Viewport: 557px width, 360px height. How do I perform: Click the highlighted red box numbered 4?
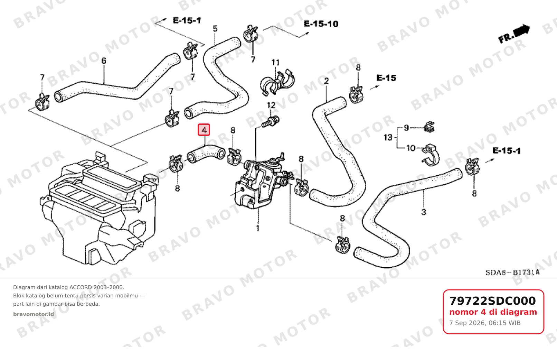(x=204, y=130)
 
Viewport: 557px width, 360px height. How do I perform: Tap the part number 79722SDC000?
(x=492, y=301)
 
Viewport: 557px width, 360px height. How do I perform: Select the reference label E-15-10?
(x=321, y=24)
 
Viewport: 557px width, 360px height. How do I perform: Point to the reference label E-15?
(x=386, y=78)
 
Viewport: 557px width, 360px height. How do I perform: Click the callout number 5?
(x=215, y=29)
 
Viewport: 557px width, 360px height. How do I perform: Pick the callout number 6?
(x=104, y=61)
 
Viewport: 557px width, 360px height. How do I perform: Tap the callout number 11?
(x=275, y=62)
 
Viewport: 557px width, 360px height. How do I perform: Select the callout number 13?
(x=388, y=137)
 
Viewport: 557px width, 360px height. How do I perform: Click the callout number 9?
(x=406, y=128)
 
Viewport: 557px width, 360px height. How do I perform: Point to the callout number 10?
(x=411, y=148)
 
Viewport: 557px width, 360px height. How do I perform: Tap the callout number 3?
(x=424, y=212)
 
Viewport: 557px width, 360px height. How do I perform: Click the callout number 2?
(x=326, y=81)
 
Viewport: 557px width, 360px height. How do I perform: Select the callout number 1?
(x=258, y=228)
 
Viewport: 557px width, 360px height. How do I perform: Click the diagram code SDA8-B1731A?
(x=512, y=273)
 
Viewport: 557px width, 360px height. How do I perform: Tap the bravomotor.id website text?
(x=34, y=314)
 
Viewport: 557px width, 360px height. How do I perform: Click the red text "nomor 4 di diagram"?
(x=493, y=312)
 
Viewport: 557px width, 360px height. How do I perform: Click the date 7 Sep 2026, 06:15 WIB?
(x=485, y=323)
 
